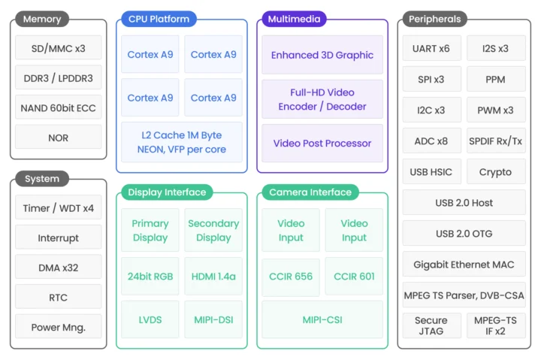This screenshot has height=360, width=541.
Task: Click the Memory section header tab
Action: tap(42, 19)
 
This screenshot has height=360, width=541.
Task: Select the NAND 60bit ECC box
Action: tap(59, 107)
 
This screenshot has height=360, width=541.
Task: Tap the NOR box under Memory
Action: tap(59, 138)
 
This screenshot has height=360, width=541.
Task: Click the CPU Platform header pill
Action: tap(159, 19)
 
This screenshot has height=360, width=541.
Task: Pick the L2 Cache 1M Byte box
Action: tap(182, 142)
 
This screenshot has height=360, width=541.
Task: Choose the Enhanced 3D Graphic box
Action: tap(322, 55)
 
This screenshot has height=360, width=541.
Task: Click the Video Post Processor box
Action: tap(322, 143)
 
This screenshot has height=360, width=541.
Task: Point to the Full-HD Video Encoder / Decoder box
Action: tap(322, 99)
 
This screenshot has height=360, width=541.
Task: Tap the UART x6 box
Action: tap(431, 48)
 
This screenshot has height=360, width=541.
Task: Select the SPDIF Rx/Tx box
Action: tap(495, 141)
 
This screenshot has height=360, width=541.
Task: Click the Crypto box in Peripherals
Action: tap(495, 171)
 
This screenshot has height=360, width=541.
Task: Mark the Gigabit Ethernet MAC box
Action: tap(464, 265)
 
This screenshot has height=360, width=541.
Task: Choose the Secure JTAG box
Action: tap(431, 325)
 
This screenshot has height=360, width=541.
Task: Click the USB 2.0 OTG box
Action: tap(464, 233)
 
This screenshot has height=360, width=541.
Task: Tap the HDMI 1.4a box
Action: tap(213, 276)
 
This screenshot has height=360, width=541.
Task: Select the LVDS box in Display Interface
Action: tap(150, 319)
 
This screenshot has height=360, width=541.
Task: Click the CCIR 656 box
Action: tap(291, 276)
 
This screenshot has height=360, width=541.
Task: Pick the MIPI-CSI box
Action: tap(322, 319)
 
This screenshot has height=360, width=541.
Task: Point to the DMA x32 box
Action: tap(59, 267)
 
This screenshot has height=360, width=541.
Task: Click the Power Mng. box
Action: tap(59, 326)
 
